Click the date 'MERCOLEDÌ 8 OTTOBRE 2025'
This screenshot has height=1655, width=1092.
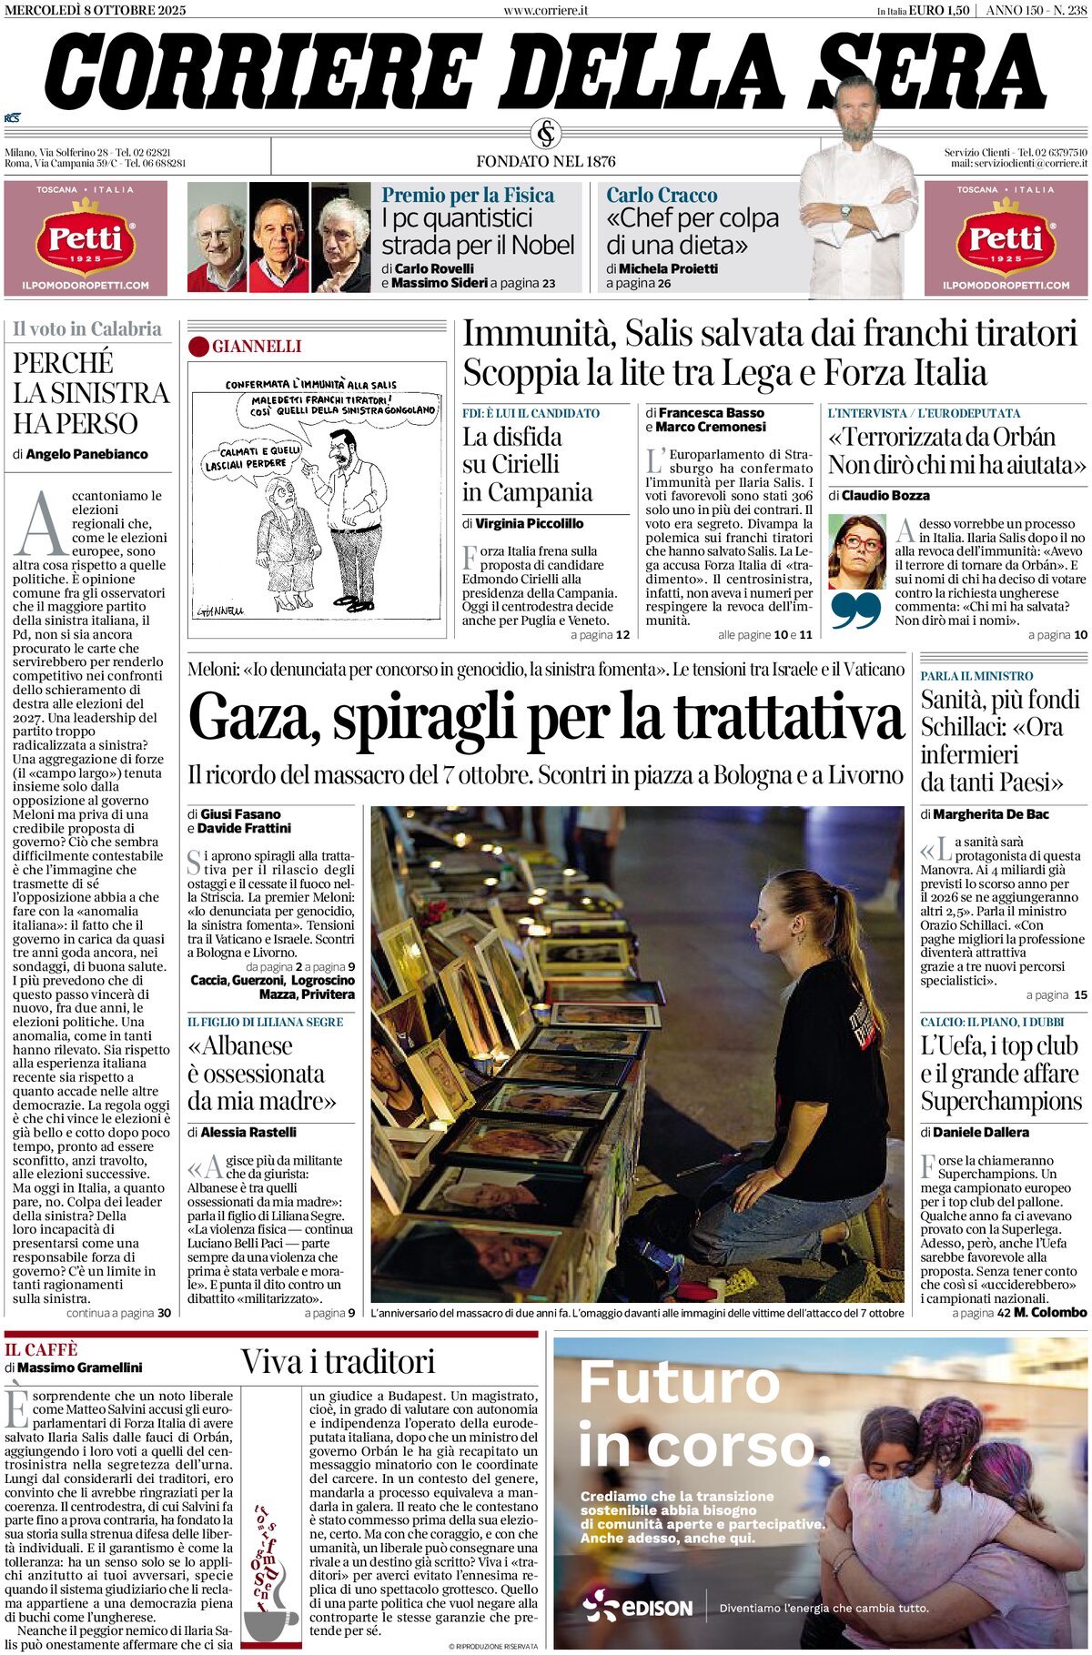coord(95,10)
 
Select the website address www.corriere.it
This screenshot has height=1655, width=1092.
coord(545,10)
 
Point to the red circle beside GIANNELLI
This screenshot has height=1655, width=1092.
coord(198,347)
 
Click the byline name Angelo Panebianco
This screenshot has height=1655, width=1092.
coord(86,454)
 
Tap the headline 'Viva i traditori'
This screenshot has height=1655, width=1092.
coord(338,1362)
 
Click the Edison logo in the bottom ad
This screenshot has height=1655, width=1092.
coord(638,1608)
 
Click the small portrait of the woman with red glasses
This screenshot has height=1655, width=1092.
coord(856,551)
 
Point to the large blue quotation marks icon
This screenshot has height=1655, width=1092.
coord(856,611)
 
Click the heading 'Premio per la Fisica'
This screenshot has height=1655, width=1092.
coord(468,195)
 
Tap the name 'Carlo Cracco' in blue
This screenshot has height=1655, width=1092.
coord(662,195)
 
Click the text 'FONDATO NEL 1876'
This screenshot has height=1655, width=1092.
coord(546,161)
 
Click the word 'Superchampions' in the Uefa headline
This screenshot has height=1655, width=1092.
coord(1001,1102)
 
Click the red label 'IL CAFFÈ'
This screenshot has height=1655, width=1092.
coord(41,1350)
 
